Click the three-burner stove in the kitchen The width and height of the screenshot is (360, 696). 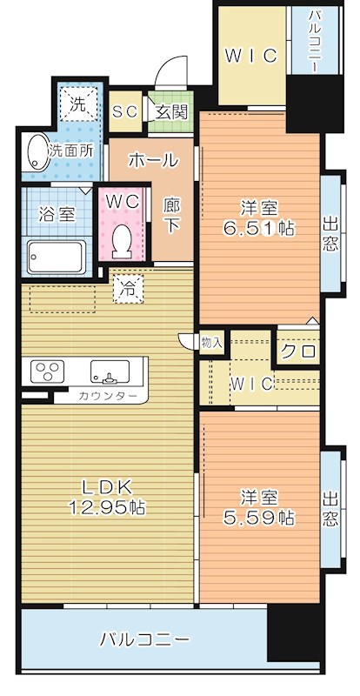tap(45, 372)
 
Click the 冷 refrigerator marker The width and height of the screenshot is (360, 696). tap(129, 286)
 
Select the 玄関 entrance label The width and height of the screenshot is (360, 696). tap(171, 111)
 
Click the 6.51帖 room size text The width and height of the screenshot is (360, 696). tap(259, 230)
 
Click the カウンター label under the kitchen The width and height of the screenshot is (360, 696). tap(107, 397)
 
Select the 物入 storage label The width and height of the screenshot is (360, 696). tap(212, 343)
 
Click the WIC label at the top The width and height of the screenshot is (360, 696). tap(251, 56)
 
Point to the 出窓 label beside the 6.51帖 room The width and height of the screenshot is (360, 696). tap(330, 233)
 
